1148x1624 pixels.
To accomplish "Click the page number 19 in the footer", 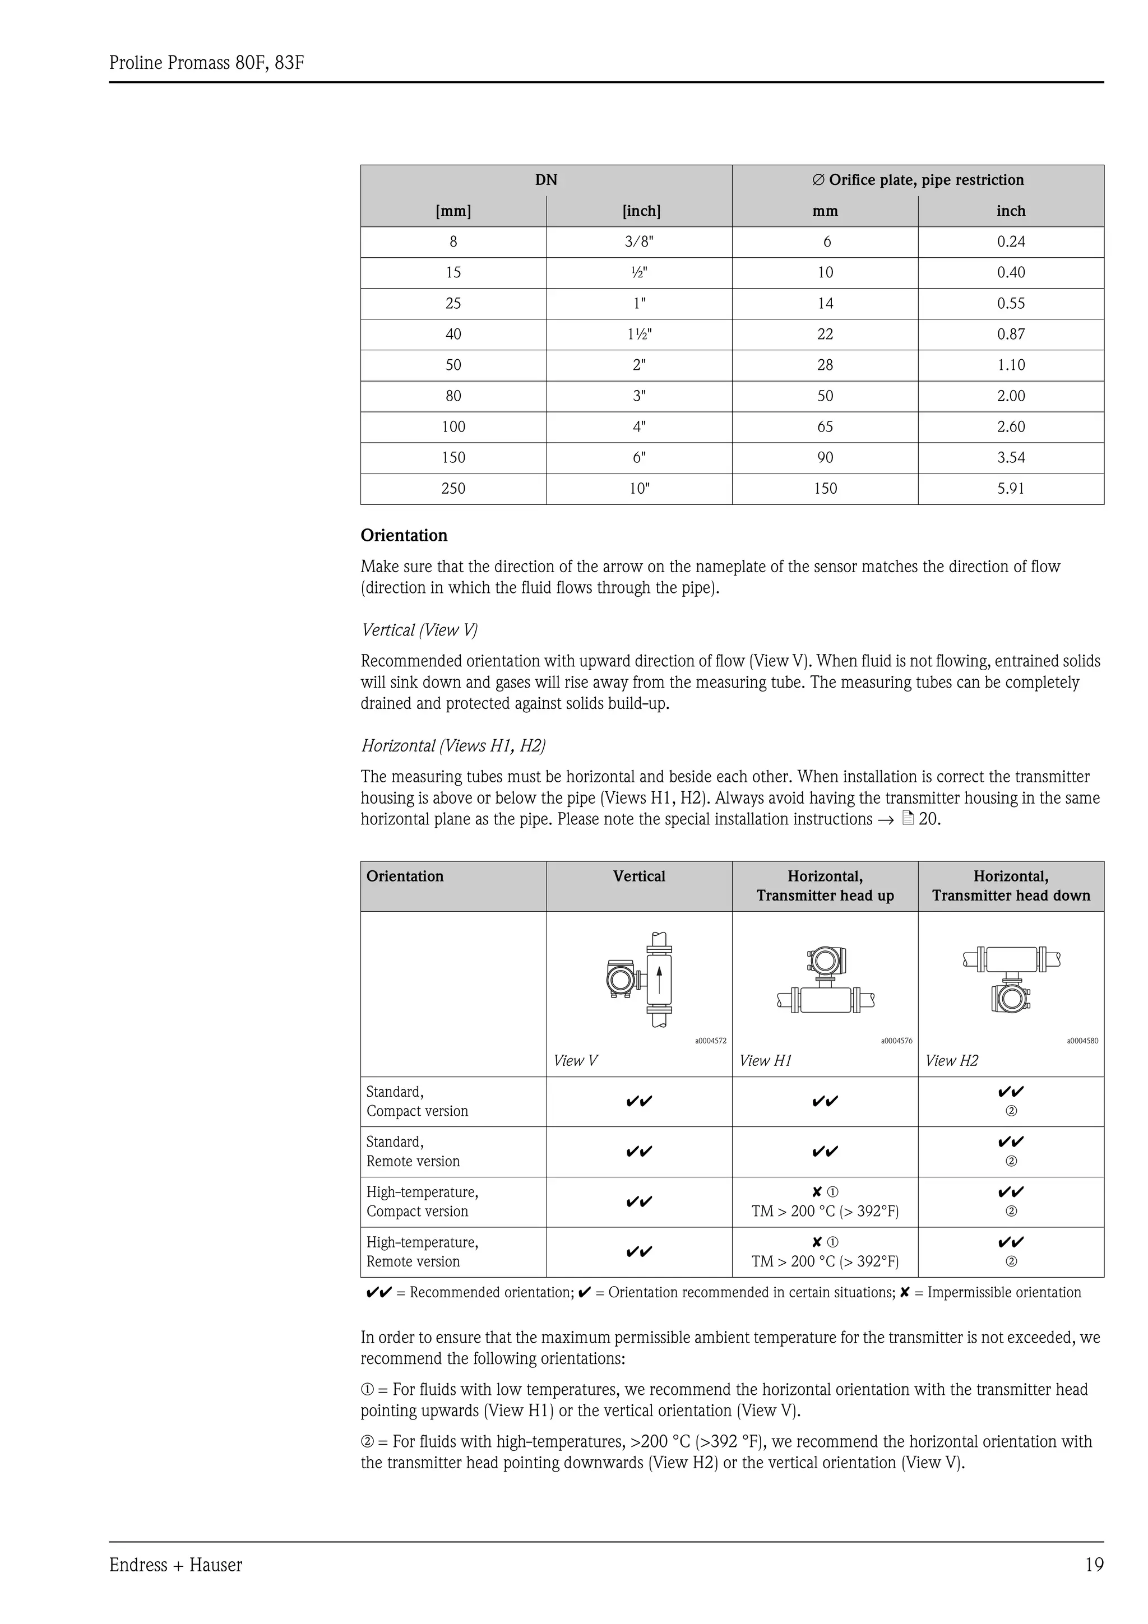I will tap(1094, 1565).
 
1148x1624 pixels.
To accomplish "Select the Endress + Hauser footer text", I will tap(175, 1565).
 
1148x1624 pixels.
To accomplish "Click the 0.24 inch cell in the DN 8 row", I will tap(1010, 242).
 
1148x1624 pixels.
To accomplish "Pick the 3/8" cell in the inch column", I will tap(638, 242).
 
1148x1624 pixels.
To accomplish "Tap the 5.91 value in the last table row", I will tap(1010, 489).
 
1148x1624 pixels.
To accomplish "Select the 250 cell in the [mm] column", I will tap(453, 489).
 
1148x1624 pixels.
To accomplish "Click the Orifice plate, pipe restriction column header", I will tap(918, 180).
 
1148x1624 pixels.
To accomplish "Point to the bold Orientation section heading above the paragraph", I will tap(404, 535).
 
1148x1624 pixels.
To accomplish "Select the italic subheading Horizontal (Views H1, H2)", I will tap(453, 745).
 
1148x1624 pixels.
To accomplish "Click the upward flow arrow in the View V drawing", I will tap(659, 979).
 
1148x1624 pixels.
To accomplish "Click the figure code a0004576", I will tap(896, 1041).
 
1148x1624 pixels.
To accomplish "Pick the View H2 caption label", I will tap(951, 1060).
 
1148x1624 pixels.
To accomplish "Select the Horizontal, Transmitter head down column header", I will tap(1010, 885).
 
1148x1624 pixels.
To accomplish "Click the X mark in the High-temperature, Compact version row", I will tap(817, 1192).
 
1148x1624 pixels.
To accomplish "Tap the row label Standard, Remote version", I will tap(413, 1152).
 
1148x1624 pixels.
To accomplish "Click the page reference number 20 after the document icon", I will tap(928, 819).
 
